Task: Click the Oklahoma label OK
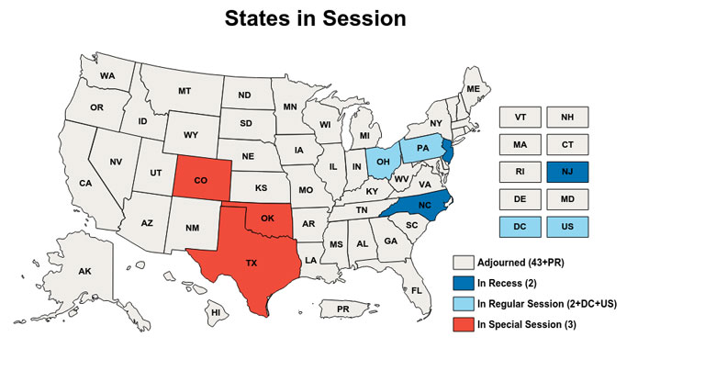point(268,219)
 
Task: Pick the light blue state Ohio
point(384,161)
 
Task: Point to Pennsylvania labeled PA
point(422,148)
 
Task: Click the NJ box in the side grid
point(567,172)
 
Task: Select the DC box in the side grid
point(520,225)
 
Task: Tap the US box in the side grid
point(567,225)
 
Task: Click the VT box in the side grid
point(520,118)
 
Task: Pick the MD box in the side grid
point(567,198)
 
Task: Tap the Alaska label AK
point(84,272)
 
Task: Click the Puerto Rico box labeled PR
point(342,309)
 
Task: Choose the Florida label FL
point(416,290)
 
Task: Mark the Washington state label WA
point(107,75)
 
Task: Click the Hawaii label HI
point(217,312)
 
